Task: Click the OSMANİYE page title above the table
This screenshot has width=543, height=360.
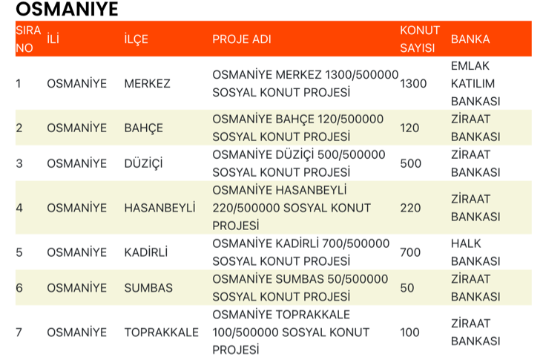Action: pyautogui.click(x=67, y=10)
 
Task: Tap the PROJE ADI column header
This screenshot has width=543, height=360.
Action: pyautogui.click(x=242, y=39)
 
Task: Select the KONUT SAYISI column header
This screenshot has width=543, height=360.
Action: pyautogui.click(x=420, y=39)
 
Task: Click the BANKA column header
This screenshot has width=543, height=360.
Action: pyautogui.click(x=470, y=39)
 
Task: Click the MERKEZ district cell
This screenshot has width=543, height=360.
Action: pyautogui.click(x=148, y=84)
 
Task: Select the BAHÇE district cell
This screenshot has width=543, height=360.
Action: pyautogui.click(x=144, y=128)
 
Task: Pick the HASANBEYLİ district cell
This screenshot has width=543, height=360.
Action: pyautogui.click(x=160, y=208)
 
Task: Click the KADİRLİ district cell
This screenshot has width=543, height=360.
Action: pyautogui.click(x=146, y=252)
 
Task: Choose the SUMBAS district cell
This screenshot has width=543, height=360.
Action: pyautogui.click(x=148, y=288)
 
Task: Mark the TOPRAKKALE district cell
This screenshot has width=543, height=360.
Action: pyautogui.click(x=162, y=332)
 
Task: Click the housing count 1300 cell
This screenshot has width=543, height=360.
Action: pyautogui.click(x=413, y=84)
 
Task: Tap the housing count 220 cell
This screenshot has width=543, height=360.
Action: pyautogui.click(x=410, y=208)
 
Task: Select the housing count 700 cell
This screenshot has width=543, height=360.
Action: pyautogui.click(x=410, y=252)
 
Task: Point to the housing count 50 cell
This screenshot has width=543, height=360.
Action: pyautogui.click(x=407, y=288)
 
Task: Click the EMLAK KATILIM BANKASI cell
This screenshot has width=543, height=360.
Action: pyautogui.click(x=475, y=84)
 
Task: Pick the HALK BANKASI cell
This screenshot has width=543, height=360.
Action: pyautogui.click(x=475, y=252)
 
